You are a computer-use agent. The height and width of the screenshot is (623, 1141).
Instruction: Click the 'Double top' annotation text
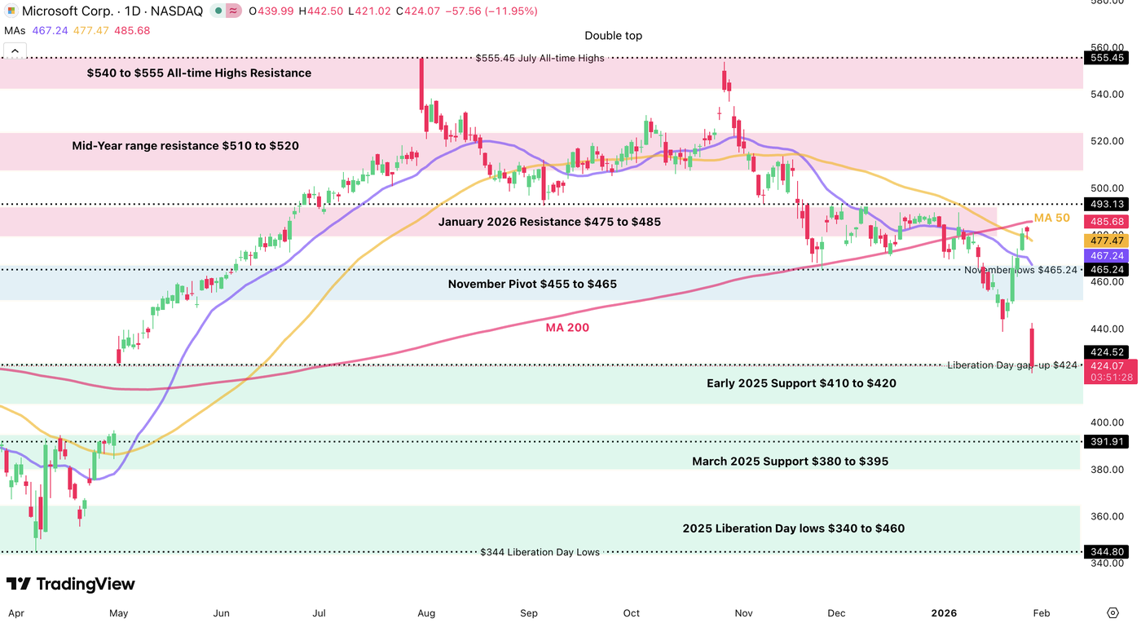point(613,36)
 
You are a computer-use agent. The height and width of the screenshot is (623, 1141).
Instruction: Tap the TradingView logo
point(71,584)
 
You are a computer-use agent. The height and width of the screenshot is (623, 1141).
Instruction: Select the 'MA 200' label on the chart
point(567,328)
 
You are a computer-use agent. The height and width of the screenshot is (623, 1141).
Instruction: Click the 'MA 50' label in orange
point(1051,218)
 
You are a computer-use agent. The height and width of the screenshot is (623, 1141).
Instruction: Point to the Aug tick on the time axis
point(425,612)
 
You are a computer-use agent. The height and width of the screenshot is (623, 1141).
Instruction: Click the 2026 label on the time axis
point(944,612)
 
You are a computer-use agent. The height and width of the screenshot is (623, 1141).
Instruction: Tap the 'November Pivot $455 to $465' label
point(532,285)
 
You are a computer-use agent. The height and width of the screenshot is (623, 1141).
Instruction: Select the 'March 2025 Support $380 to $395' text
point(790,462)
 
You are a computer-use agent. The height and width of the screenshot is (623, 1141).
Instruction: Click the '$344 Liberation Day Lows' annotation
point(540,552)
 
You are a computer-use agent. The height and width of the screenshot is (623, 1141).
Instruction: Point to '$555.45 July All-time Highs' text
point(540,58)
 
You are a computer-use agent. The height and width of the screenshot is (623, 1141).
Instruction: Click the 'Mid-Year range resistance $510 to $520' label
point(185,146)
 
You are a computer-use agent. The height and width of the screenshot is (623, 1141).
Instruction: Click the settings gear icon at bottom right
point(1112,612)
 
